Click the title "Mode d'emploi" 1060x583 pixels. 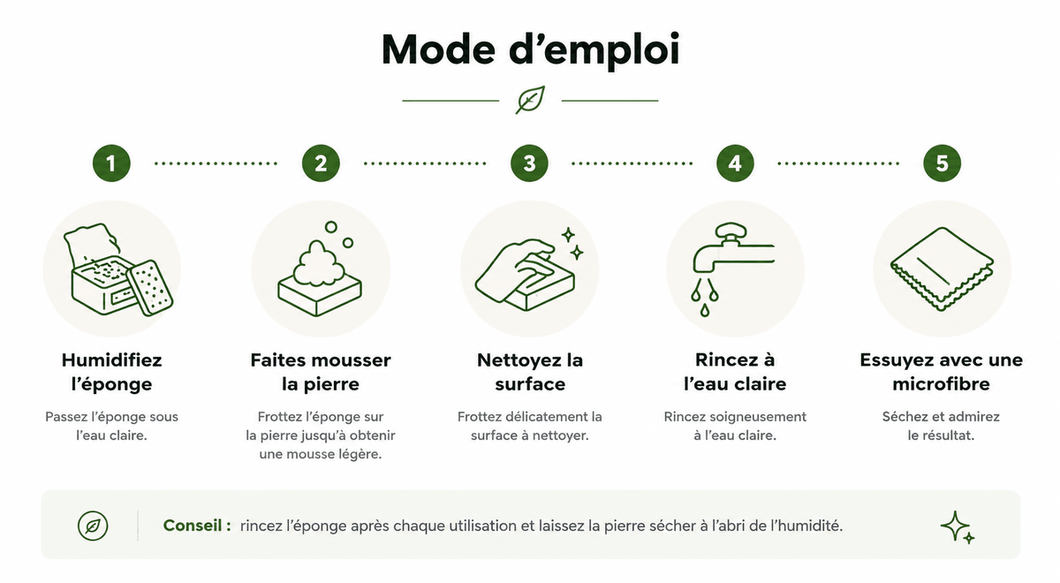pyautogui.click(x=531, y=50)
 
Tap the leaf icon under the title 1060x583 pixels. pyautogui.click(x=531, y=100)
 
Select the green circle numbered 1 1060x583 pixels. pyautogui.click(x=111, y=163)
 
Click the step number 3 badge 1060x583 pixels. pyautogui.click(x=529, y=163)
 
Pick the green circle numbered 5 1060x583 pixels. pyautogui.click(x=942, y=163)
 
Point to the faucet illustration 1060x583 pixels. pyautogui.click(x=732, y=248)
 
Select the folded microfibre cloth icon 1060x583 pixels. pyautogui.click(x=942, y=269)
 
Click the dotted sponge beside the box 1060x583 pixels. pyautogui.click(x=149, y=288)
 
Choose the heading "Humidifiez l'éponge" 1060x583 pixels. pyautogui.click(x=111, y=372)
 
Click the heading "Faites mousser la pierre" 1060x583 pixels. pyautogui.click(x=321, y=372)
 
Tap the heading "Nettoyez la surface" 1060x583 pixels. pyautogui.click(x=529, y=372)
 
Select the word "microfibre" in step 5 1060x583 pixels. pyautogui.click(x=941, y=383)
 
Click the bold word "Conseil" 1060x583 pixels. pyautogui.click(x=193, y=526)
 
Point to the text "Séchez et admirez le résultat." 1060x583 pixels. pyautogui.click(x=941, y=426)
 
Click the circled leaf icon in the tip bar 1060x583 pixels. pyautogui.click(x=93, y=526)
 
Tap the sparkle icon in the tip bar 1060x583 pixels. pyautogui.click(x=957, y=527)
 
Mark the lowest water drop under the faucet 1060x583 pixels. pyautogui.click(x=705, y=310)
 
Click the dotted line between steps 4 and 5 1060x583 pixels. pyautogui.click(x=838, y=163)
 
